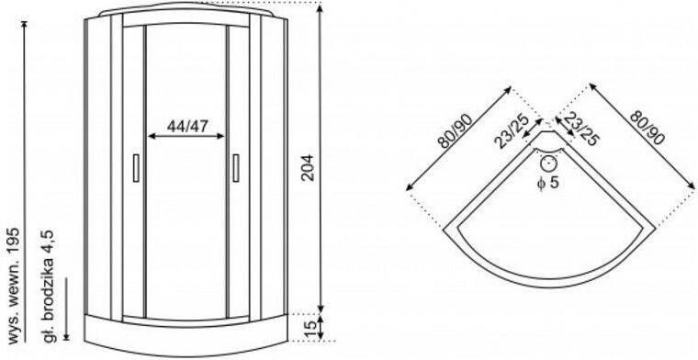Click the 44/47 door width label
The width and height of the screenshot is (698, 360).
[187, 127]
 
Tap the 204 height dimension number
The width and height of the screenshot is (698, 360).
[308, 167]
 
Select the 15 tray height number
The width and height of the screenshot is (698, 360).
[308, 328]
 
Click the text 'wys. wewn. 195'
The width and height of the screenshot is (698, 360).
[15, 286]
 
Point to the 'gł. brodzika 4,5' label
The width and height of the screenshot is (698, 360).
[49, 286]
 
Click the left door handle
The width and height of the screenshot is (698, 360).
[136, 168]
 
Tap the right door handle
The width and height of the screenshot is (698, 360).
[236, 168]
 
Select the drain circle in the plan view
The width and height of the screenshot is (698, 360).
[548, 163]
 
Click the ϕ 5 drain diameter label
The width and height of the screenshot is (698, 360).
[547, 183]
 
